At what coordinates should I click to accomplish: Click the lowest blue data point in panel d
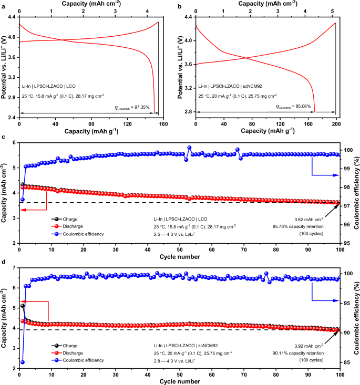22,362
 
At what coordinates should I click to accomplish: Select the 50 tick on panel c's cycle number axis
180,249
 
